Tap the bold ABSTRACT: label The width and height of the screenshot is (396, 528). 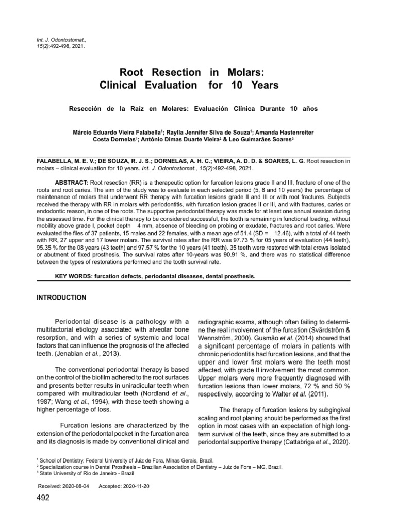72,183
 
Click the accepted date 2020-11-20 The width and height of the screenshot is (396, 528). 131,487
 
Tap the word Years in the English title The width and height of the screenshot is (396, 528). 261,84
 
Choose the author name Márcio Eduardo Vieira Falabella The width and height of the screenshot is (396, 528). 114,132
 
